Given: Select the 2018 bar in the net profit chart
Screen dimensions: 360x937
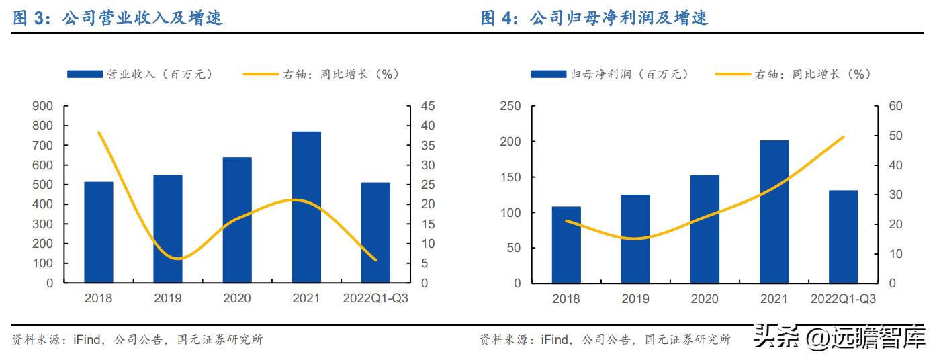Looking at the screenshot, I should point(566,244).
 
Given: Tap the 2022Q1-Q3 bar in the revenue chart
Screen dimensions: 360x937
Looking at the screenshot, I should point(375,232).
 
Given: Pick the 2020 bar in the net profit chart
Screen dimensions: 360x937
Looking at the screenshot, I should point(705,229).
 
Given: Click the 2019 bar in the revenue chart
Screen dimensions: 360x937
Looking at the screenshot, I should point(168,228).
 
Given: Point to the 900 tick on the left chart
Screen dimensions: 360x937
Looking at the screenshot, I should point(42,106).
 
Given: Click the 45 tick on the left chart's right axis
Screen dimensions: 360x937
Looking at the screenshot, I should point(428,106).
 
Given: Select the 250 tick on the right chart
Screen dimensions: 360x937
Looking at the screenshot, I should point(511,106).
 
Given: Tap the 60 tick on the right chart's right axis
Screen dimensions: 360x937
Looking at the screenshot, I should point(895,106).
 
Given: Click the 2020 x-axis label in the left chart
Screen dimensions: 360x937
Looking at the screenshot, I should point(237,299).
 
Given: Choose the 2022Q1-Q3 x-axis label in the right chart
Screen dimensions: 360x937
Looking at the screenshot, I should point(843,299).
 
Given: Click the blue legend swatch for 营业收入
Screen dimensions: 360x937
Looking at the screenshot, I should point(86,75).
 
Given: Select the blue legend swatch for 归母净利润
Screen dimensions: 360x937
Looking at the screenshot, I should point(548,75).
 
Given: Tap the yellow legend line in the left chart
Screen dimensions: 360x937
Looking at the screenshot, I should point(263,75).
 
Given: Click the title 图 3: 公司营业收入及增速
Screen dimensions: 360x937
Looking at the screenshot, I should point(118,19).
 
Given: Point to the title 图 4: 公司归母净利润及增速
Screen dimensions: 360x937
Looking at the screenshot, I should point(595,19).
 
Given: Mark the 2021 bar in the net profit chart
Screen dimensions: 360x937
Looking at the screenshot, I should point(774,212).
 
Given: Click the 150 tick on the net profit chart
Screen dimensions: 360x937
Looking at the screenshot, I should point(511,177).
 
